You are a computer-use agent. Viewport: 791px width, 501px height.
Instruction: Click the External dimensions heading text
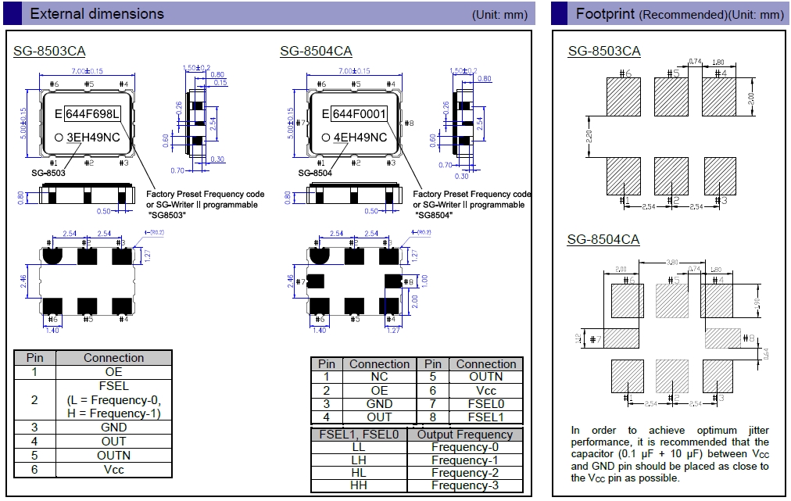pyautogui.click(x=97, y=14)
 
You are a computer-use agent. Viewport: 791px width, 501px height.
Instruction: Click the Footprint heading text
pyautogui.click(x=607, y=14)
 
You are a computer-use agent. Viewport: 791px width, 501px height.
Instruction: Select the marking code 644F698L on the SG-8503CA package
pyautogui.click(x=91, y=114)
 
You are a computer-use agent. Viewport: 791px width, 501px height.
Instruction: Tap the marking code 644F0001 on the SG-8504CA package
pyautogui.click(x=360, y=114)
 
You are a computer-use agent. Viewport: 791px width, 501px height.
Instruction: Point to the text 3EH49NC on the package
pyautogui.click(x=93, y=138)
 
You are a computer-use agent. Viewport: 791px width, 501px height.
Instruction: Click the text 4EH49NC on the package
pyautogui.click(x=360, y=138)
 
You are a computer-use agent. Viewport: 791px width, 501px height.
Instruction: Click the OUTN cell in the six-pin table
pyautogui.click(x=114, y=455)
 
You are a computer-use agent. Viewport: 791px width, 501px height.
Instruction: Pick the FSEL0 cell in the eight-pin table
pyautogui.click(x=486, y=404)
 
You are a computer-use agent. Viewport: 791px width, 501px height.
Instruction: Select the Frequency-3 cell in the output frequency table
pyautogui.click(x=464, y=485)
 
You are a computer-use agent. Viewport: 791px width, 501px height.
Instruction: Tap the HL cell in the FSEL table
pyautogui.click(x=359, y=473)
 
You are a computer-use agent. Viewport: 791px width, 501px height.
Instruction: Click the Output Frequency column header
pyautogui.click(x=464, y=435)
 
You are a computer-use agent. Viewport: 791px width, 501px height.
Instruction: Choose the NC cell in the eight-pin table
pyautogui.click(x=379, y=377)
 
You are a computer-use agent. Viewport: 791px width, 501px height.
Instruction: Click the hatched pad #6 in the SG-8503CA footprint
pyautogui.click(x=623, y=95)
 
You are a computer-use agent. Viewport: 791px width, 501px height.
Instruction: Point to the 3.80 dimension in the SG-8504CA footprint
pyautogui.click(x=671, y=263)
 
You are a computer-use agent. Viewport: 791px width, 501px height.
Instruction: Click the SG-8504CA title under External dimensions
pyautogui.click(x=316, y=51)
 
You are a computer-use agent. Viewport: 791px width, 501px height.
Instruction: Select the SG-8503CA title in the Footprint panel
pyautogui.click(x=604, y=51)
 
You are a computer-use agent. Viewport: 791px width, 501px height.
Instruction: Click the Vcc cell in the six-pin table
pyautogui.click(x=114, y=469)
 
